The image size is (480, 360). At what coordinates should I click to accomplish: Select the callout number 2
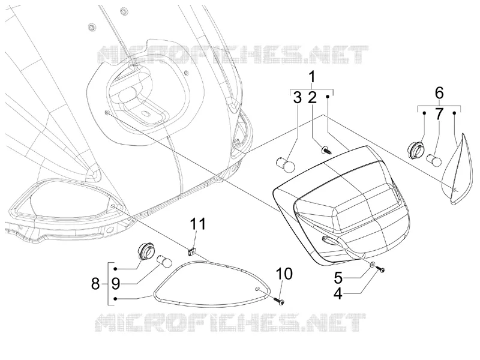[312, 97]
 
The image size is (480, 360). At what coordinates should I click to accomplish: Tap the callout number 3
[297, 97]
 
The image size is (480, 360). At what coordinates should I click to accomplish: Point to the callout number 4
[338, 293]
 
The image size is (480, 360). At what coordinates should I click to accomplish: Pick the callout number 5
[338, 278]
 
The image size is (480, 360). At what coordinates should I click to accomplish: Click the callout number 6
[439, 92]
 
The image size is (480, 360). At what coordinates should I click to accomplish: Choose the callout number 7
[439, 114]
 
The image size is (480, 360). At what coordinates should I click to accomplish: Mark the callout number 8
[95, 284]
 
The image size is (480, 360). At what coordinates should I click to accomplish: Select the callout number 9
[115, 284]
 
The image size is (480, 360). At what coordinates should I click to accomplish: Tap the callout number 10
[284, 274]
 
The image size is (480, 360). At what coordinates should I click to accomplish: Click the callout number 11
[198, 224]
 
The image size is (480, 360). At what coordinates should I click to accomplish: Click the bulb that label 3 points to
[286, 165]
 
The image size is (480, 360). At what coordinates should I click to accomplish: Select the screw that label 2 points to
[326, 151]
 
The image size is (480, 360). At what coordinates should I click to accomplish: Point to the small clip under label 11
[192, 251]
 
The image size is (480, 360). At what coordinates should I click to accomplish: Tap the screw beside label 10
[279, 300]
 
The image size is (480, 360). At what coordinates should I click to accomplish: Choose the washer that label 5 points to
[372, 264]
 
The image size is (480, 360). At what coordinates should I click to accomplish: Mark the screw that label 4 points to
[380, 269]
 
